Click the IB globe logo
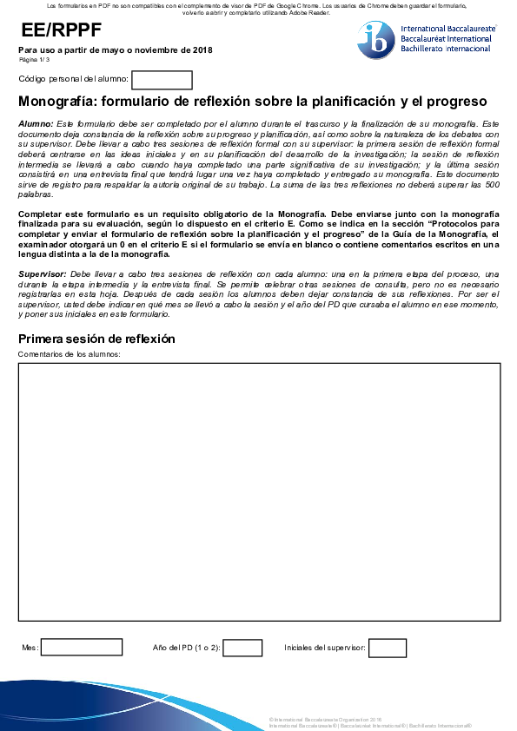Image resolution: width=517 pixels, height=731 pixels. (375, 39)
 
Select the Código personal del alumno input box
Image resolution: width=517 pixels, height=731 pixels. (161, 80)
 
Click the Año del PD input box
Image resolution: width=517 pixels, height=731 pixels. (242, 648)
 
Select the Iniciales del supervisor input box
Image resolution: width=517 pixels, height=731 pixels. (387, 648)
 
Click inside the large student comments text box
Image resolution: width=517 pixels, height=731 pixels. (259, 491)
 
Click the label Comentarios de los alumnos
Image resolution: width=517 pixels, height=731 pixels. (69, 354)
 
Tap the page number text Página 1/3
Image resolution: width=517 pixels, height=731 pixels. (33, 59)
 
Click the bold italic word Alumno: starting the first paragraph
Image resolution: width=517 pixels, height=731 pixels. (36, 124)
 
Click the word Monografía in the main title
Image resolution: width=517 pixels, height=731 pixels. (59, 102)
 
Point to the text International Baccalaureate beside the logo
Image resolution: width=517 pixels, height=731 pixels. (448, 29)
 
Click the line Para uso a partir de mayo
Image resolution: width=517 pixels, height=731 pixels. (115, 49)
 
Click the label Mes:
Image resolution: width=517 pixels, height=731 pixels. (30, 648)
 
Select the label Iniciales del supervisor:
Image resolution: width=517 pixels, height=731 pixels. (325, 648)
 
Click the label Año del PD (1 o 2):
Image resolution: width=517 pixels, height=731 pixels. (186, 648)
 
